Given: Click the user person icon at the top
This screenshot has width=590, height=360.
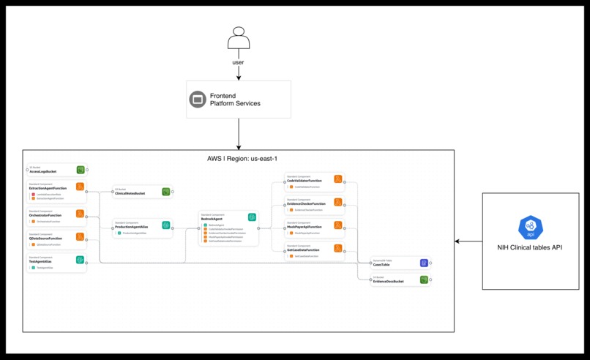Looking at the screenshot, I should (239, 38).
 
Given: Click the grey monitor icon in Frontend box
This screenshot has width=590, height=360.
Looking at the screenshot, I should (198, 100).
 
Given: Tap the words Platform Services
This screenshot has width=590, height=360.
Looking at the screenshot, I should (235, 104).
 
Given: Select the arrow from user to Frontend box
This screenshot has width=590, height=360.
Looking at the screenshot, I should (239, 73).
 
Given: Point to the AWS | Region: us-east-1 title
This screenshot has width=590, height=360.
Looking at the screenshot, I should (242, 158).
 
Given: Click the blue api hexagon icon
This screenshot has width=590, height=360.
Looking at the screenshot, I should (530, 228).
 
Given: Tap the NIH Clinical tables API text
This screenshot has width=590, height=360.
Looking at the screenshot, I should (530, 247).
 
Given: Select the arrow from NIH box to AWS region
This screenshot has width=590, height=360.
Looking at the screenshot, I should (468, 241).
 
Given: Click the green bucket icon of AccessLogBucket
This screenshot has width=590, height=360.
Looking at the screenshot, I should (81, 170).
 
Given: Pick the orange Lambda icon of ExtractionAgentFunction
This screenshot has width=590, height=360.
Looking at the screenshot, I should (81, 187).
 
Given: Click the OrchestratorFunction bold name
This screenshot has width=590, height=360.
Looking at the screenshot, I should (45, 216).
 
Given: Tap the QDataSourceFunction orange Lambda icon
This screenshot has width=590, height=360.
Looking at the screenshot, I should (81, 237).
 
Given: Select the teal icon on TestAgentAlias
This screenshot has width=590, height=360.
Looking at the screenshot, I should (81, 260).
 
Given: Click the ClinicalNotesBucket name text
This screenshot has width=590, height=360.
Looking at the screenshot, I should (130, 194).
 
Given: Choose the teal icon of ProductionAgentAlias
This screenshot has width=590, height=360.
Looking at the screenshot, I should (166, 225).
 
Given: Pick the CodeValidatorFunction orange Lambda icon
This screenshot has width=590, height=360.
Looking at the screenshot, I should (338, 179).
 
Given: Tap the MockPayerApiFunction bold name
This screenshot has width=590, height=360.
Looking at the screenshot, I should (304, 228).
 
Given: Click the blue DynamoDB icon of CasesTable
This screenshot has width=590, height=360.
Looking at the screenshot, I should (424, 263).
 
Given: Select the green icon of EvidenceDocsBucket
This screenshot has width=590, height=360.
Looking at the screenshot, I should (424, 280).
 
